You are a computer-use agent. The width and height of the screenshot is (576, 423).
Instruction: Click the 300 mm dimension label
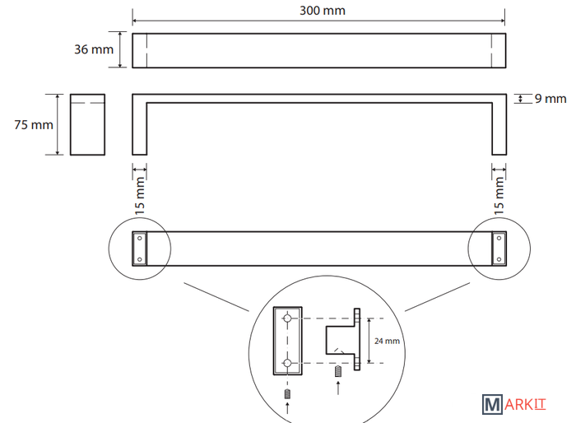coord(323,11)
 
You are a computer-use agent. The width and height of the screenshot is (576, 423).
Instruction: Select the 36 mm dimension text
coord(94,49)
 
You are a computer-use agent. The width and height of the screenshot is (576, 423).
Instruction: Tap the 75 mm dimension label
coord(34,125)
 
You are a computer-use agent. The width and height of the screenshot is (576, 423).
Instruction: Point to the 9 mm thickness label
coord(550,99)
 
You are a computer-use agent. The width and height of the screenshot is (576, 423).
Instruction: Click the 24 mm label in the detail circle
coord(387,341)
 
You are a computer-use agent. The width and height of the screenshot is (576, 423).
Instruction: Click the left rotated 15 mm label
coord(140,196)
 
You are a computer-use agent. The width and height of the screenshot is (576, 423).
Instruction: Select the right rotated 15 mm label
coord(499,196)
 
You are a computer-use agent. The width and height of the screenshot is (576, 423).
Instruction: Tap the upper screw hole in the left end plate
coord(140,238)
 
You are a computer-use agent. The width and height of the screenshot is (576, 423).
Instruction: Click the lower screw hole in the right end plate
coord(499,259)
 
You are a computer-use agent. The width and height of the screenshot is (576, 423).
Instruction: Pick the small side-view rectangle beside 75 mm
coord(87,124)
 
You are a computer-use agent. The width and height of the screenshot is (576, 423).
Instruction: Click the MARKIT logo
coord(514,405)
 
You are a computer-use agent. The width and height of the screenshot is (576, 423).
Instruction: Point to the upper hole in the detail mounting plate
coord(288,318)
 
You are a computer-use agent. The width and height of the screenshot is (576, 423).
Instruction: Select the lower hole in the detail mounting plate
coord(288,363)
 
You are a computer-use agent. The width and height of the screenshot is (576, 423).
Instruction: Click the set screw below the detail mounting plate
coord(287,394)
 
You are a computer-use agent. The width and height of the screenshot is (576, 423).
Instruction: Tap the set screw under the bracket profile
coord(338,371)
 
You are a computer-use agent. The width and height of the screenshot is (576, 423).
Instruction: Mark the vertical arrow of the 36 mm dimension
coord(120,49)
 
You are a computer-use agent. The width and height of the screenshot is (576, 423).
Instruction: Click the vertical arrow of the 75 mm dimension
coord(58,124)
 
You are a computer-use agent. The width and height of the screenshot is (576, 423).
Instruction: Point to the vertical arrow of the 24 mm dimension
coord(369,341)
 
